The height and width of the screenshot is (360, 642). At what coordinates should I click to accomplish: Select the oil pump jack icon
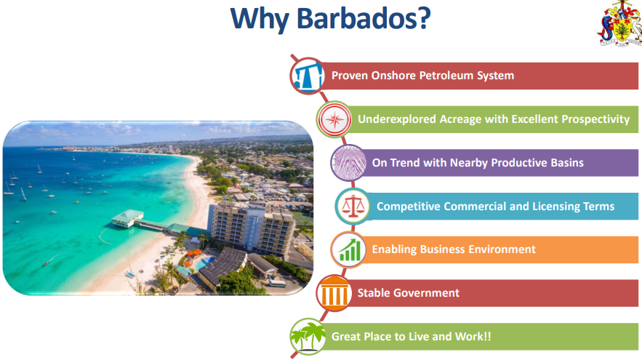click(308, 76)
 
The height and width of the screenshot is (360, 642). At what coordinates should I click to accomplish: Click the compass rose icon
click(334, 119)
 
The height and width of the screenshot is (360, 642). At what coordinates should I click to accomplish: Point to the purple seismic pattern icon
click(348, 163)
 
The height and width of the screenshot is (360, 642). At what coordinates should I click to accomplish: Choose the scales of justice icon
click(353, 207)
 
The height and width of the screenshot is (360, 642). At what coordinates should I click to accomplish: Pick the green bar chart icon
click(348, 249)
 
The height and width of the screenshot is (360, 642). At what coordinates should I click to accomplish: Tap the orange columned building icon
click(334, 293)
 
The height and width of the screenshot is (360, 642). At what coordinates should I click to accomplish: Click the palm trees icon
click(308, 336)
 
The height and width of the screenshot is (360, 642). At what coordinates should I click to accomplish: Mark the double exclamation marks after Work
click(487, 336)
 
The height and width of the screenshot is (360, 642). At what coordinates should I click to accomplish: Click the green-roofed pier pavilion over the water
click(127, 218)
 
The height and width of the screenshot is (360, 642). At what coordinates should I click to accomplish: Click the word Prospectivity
click(595, 119)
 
